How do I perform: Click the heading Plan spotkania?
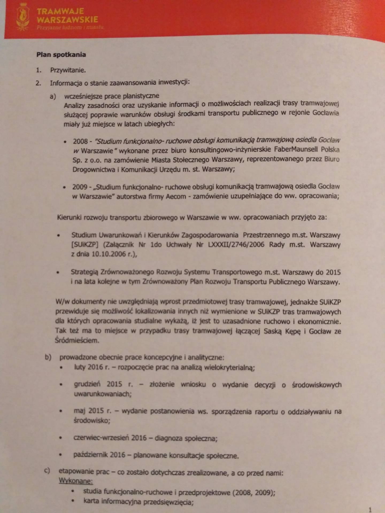[x=61, y=55]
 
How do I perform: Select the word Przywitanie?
[x=68, y=70]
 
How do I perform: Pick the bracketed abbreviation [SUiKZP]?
[x=83, y=244]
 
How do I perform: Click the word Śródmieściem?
[x=77, y=341]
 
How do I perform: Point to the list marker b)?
[x=48, y=357]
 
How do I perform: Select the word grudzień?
[x=87, y=384]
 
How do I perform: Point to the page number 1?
[x=370, y=510]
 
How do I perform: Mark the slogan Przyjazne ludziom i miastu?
[x=70, y=28]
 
